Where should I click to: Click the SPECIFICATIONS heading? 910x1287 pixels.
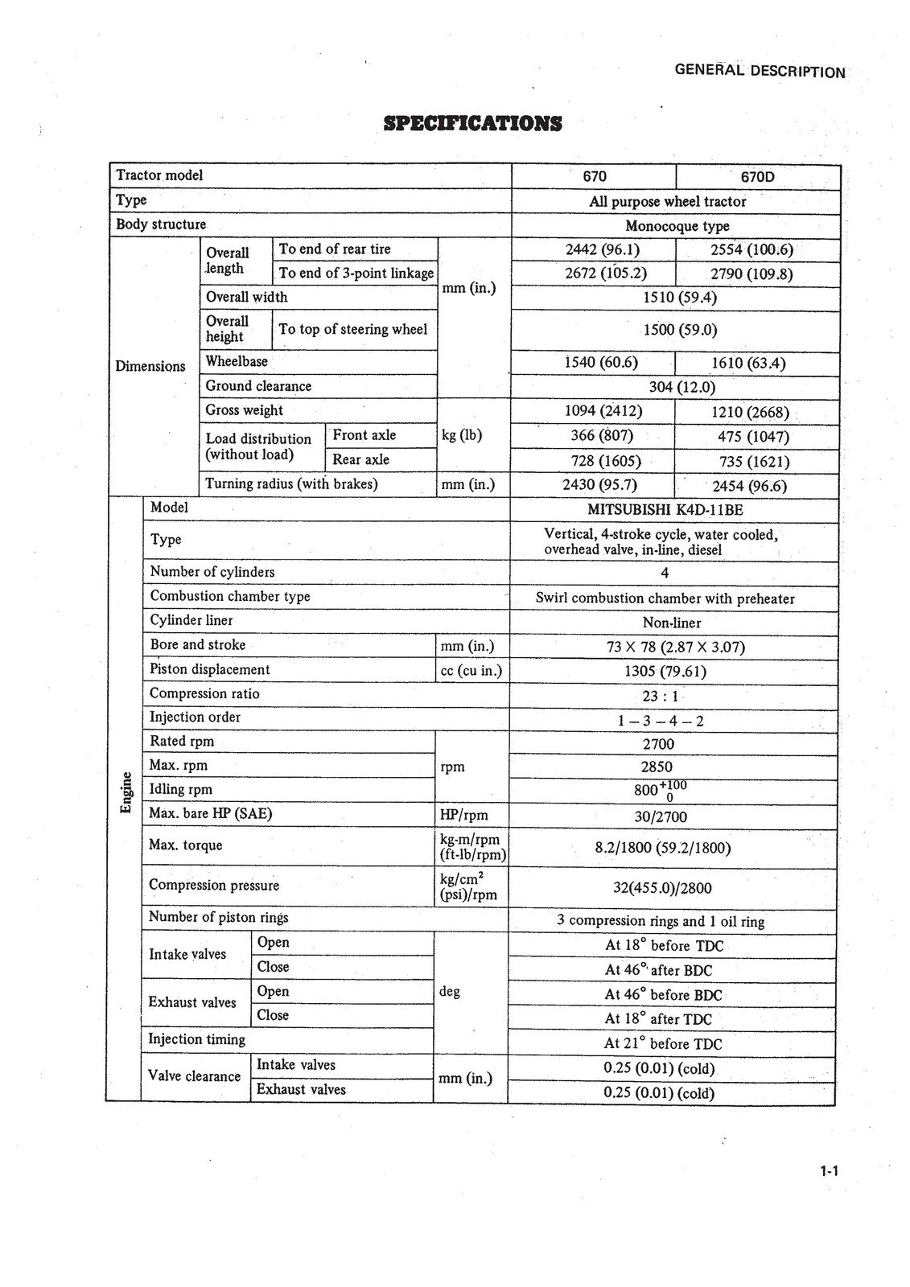coord(473,124)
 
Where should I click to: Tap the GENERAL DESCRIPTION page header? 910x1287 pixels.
coord(760,71)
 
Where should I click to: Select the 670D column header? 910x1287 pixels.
coord(757,177)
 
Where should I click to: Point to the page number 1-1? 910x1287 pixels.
coord(830,1171)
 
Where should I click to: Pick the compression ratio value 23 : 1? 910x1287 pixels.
coord(661,697)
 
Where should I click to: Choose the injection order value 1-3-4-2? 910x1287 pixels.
coord(661,721)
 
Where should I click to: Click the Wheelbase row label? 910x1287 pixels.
coord(237,362)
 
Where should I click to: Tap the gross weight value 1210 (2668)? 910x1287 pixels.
coord(750,413)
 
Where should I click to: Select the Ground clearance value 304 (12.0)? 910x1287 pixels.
coord(681,387)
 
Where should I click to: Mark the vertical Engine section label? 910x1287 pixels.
coord(126,792)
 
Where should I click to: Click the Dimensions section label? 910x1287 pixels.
coord(150,367)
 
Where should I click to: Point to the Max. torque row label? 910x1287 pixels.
coord(186,845)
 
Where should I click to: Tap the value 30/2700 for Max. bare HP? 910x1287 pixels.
coord(661,817)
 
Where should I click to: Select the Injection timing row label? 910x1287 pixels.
coord(197,1039)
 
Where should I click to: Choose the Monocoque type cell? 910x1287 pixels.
coord(677,226)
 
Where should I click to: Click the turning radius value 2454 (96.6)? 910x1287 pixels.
coord(749,486)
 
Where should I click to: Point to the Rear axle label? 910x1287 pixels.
coord(360,460)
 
